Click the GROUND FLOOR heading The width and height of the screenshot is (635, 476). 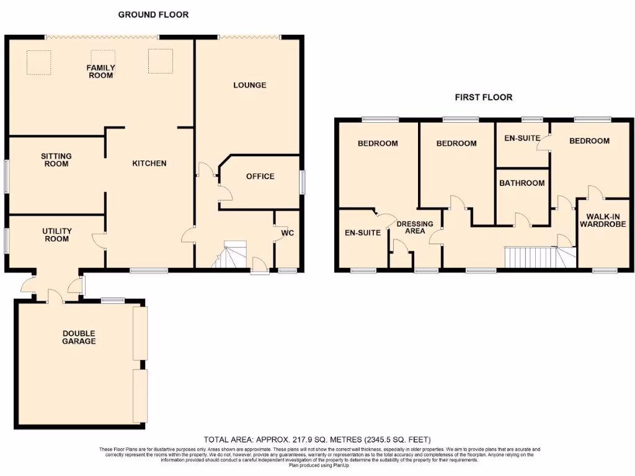pyautogui.click(x=153, y=14)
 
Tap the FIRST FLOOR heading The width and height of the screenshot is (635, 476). pyautogui.click(x=483, y=97)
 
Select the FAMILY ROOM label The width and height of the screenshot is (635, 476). pyautogui.click(x=100, y=71)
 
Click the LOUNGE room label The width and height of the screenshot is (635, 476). pyautogui.click(x=250, y=85)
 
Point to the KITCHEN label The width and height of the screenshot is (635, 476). pyautogui.click(x=149, y=164)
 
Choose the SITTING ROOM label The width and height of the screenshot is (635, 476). pyautogui.click(x=56, y=160)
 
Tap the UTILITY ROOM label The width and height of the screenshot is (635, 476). pyautogui.click(x=57, y=235)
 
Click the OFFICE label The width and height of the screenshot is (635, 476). pyautogui.click(x=260, y=177)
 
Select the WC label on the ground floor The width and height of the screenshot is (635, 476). pyautogui.click(x=287, y=234)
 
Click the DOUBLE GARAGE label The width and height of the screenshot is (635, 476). pyautogui.click(x=79, y=337)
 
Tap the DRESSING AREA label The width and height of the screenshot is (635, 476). pyautogui.click(x=415, y=227)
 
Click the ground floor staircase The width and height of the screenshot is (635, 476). pyautogui.click(x=232, y=256)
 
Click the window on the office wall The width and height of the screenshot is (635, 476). pyautogui.click(x=303, y=182)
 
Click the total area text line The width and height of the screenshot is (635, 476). pyautogui.click(x=317, y=439)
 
